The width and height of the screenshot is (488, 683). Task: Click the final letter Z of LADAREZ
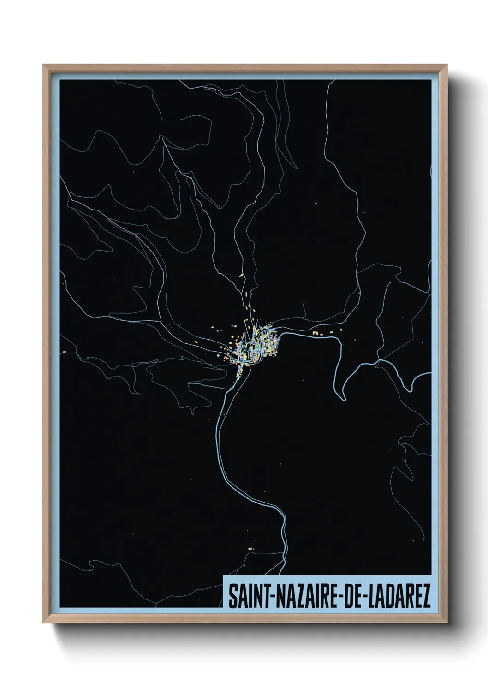pos(426,597)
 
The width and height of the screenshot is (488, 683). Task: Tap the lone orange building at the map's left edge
pos(64,352)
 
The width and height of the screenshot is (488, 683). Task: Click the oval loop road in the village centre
pos(252,350)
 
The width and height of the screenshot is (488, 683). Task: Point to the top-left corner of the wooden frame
pos(43,65)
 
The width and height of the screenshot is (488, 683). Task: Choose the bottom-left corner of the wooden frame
pos(43,623)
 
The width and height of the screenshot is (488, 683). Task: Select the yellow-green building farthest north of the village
pos(240,276)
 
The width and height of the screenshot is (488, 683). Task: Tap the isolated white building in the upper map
pos(317,203)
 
